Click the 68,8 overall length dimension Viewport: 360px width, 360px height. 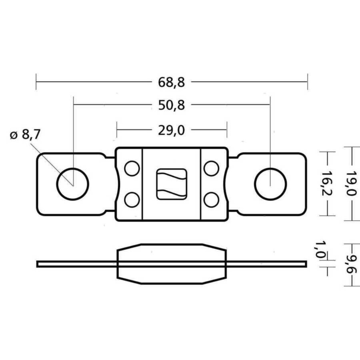(171, 82)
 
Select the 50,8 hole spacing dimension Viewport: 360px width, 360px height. (171, 105)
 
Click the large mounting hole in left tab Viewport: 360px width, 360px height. (73, 184)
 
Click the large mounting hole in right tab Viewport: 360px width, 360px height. (270, 184)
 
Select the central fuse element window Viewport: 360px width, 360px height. (171, 184)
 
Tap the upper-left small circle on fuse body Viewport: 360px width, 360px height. (132, 168)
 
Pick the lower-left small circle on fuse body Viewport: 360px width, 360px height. (132, 200)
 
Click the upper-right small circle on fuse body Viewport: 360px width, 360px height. (211, 168)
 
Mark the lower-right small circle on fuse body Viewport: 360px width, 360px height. (211, 200)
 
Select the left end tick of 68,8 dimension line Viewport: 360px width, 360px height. (36, 82)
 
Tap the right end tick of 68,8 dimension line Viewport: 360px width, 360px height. (307, 82)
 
